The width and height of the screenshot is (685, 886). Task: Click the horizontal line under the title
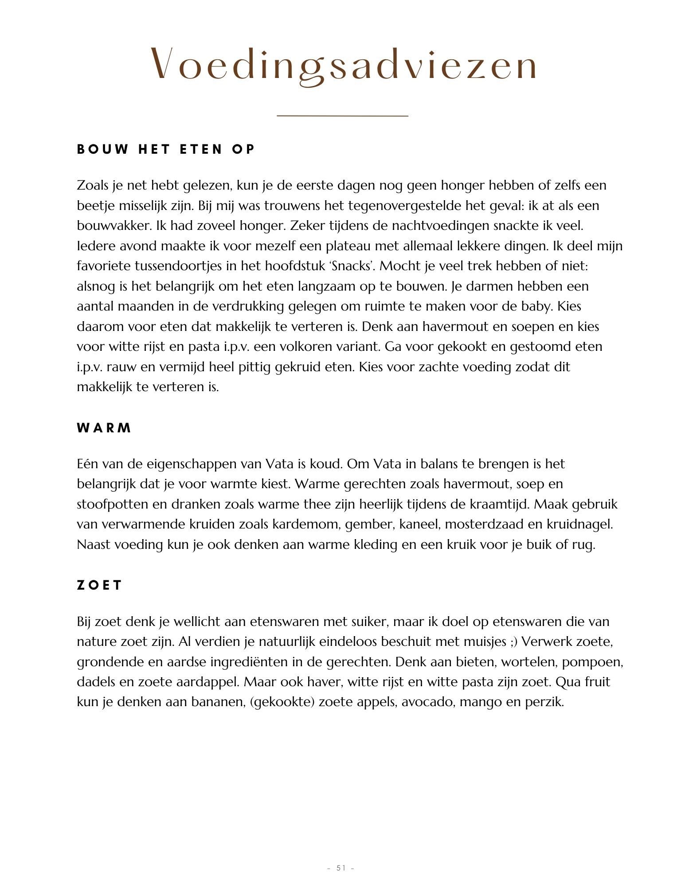342,116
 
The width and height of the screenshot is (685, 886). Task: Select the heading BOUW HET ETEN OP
166,149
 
